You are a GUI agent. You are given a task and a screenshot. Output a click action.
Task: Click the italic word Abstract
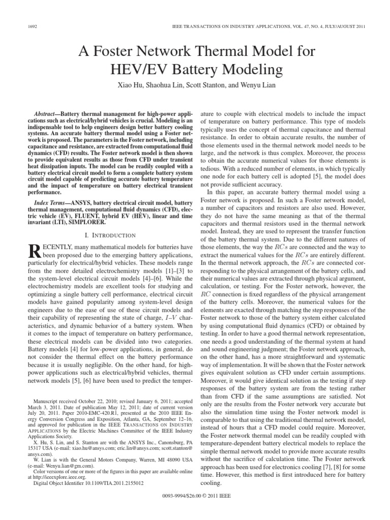(51, 110)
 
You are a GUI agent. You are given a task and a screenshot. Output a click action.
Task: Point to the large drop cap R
(33, 251)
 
